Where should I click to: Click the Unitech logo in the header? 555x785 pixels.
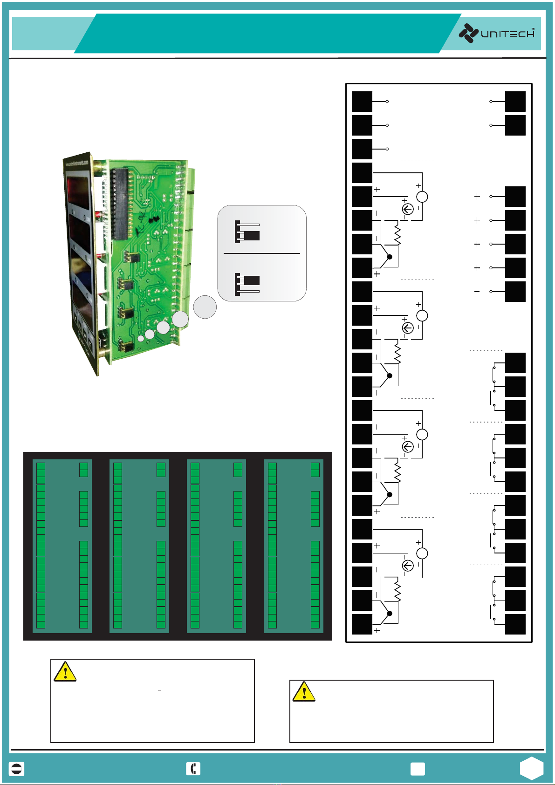[x=496, y=34]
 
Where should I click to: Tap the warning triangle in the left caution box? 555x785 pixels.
[x=65, y=672]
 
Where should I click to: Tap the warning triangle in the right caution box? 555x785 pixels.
[x=304, y=692]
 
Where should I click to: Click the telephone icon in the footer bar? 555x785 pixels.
[x=193, y=769]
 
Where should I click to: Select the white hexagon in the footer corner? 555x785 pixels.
[x=532, y=768]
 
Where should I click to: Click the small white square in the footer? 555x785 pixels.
[x=418, y=769]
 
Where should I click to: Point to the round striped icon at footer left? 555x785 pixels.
[x=17, y=769]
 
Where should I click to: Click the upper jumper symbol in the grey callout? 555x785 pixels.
[x=247, y=232]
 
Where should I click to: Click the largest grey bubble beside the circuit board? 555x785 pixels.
[x=205, y=307]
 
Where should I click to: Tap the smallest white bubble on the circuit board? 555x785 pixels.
[x=141, y=338]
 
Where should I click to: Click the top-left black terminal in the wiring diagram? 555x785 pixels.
[x=362, y=102]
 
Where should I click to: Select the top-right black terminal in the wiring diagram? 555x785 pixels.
[x=515, y=102]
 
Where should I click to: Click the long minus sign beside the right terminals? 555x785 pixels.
[x=477, y=292]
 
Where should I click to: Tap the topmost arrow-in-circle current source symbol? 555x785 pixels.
[x=408, y=209]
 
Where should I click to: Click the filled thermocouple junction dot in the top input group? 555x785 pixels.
[x=390, y=257]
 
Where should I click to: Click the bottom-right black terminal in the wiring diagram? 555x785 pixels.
[x=515, y=624]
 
